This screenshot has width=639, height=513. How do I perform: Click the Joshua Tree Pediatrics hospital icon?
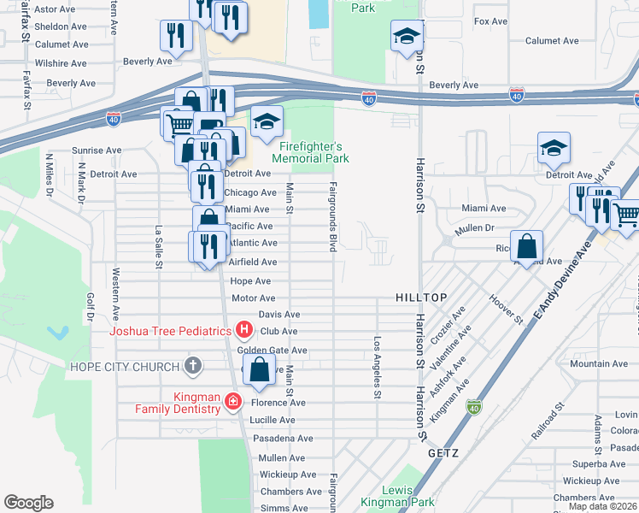pyautogui.click(x=244, y=329)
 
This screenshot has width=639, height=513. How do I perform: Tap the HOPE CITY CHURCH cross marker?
pyautogui.click(x=193, y=367)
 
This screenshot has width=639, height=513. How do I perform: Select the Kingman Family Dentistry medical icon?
pyautogui.click(x=232, y=400)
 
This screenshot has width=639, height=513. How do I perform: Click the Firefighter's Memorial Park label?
pyautogui.click(x=310, y=152)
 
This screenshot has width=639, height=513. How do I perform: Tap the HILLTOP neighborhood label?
pyautogui.click(x=421, y=297)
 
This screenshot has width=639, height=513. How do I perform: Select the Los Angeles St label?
pyautogui.click(x=377, y=367)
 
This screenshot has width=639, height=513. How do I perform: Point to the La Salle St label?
pyautogui.click(x=159, y=246)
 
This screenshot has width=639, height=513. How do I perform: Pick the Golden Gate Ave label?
pyautogui.click(x=272, y=351)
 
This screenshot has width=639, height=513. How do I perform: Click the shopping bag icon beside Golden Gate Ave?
pyautogui.click(x=259, y=370)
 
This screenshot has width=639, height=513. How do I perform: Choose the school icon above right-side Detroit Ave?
pyautogui.click(x=554, y=149)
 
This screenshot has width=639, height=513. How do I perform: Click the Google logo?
pyautogui.click(x=28, y=503)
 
